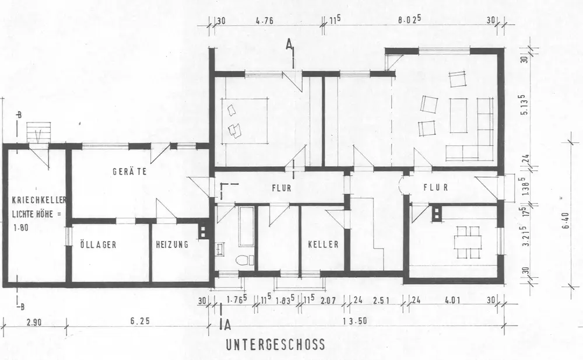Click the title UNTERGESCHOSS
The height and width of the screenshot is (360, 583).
pyautogui.click(x=275, y=345)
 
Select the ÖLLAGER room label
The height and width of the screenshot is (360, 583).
pyautogui.click(x=99, y=245)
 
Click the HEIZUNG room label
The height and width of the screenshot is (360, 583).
pyautogui.click(x=172, y=245)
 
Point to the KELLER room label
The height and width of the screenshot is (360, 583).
pyautogui.click(x=323, y=245)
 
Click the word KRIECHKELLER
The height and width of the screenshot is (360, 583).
pyautogui.click(x=36, y=201)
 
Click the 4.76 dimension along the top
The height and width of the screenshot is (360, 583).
pyautogui.click(x=265, y=22)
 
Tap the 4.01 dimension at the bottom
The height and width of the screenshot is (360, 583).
pyautogui.click(x=451, y=302)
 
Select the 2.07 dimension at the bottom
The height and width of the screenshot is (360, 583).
pyautogui.click(x=328, y=302)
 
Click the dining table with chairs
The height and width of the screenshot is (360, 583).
pyautogui.click(x=468, y=239)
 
